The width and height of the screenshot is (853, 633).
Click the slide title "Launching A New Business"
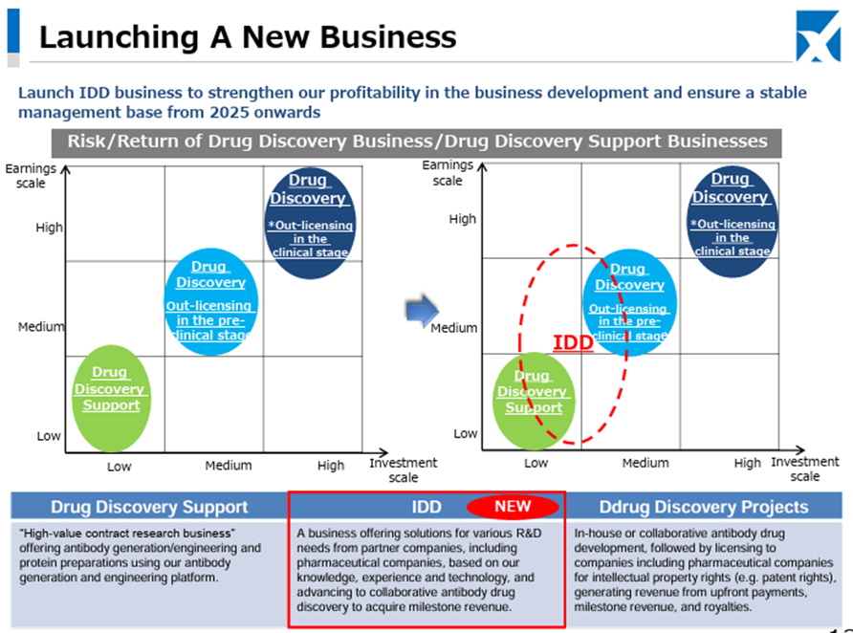click(248, 37)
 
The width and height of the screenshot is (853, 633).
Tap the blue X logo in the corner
click(819, 36)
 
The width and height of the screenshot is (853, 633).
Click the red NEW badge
click(513, 506)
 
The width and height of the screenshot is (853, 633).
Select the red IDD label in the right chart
click(573, 342)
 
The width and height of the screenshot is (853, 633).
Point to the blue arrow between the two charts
click(422, 311)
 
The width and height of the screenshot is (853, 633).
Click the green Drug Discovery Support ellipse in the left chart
click(112, 398)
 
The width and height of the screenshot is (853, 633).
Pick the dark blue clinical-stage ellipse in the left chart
click(310, 223)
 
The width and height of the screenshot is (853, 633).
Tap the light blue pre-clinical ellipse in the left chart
click(211, 302)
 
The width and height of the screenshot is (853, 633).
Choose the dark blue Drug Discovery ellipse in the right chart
click(733, 221)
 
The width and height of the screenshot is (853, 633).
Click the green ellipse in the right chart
click(534, 401)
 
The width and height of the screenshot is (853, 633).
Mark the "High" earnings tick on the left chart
click(49, 228)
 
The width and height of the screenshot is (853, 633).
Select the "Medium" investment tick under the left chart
click(229, 466)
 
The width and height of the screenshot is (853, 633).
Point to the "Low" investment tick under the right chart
click(536, 463)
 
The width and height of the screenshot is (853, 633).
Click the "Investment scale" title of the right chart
click(805, 469)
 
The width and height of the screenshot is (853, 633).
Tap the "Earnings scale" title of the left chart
click(31, 176)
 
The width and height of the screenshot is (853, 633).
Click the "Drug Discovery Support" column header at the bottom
click(149, 507)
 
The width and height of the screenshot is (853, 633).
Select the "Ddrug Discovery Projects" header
click(704, 507)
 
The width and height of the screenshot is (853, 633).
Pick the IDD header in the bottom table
click(426, 507)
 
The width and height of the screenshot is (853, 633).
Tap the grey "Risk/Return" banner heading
click(417, 142)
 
